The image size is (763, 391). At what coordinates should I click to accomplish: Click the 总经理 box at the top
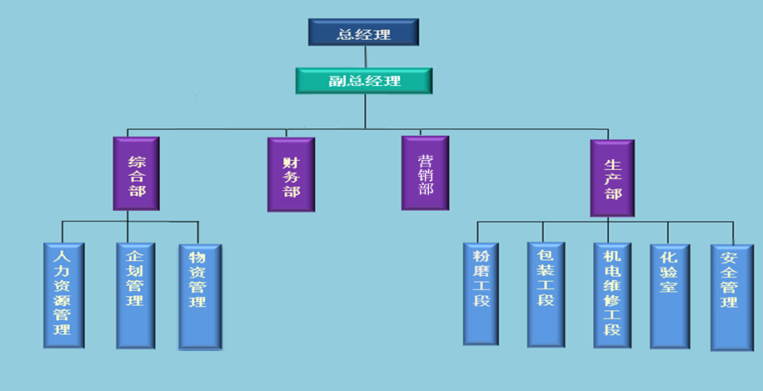tap(364, 33)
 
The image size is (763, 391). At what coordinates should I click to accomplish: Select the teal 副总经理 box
tap(364, 81)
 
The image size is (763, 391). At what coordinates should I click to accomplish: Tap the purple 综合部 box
tap(136, 173)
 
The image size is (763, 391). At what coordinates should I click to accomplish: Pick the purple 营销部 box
tap(425, 173)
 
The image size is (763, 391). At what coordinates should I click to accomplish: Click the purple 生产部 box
tap(612, 178)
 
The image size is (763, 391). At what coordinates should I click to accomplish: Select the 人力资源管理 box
tap(62, 296)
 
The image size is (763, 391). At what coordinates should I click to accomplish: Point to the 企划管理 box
tap(135, 296)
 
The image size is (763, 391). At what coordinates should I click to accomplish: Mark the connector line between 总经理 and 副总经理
tap(365, 56)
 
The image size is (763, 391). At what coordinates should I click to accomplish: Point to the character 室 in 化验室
tap(668, 288)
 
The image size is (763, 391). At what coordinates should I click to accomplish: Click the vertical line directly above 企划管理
tap(127, 231)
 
